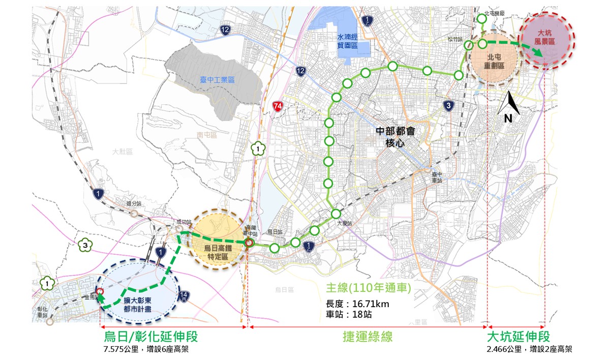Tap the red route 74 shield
(278, 106)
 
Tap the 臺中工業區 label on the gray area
(217, 80)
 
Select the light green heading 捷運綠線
(367, 337)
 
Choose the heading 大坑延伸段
(518, 337)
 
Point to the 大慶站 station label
(344, 223)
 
